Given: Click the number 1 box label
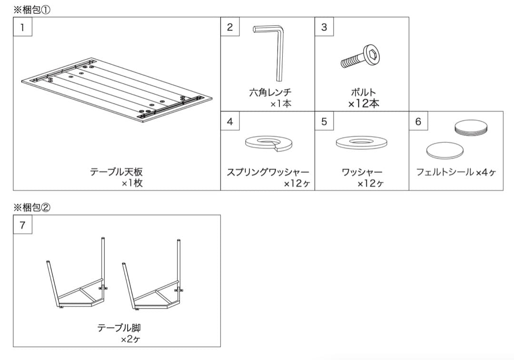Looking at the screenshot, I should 22,27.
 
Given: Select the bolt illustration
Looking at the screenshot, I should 360,58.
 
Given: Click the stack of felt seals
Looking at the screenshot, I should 471,128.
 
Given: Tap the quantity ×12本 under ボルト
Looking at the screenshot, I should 364,103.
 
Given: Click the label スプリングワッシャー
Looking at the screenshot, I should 267,172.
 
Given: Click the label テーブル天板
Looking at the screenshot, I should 116,172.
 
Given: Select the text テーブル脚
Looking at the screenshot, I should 119,328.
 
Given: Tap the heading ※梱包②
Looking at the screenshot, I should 31,207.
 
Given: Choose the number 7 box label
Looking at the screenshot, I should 22,224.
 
